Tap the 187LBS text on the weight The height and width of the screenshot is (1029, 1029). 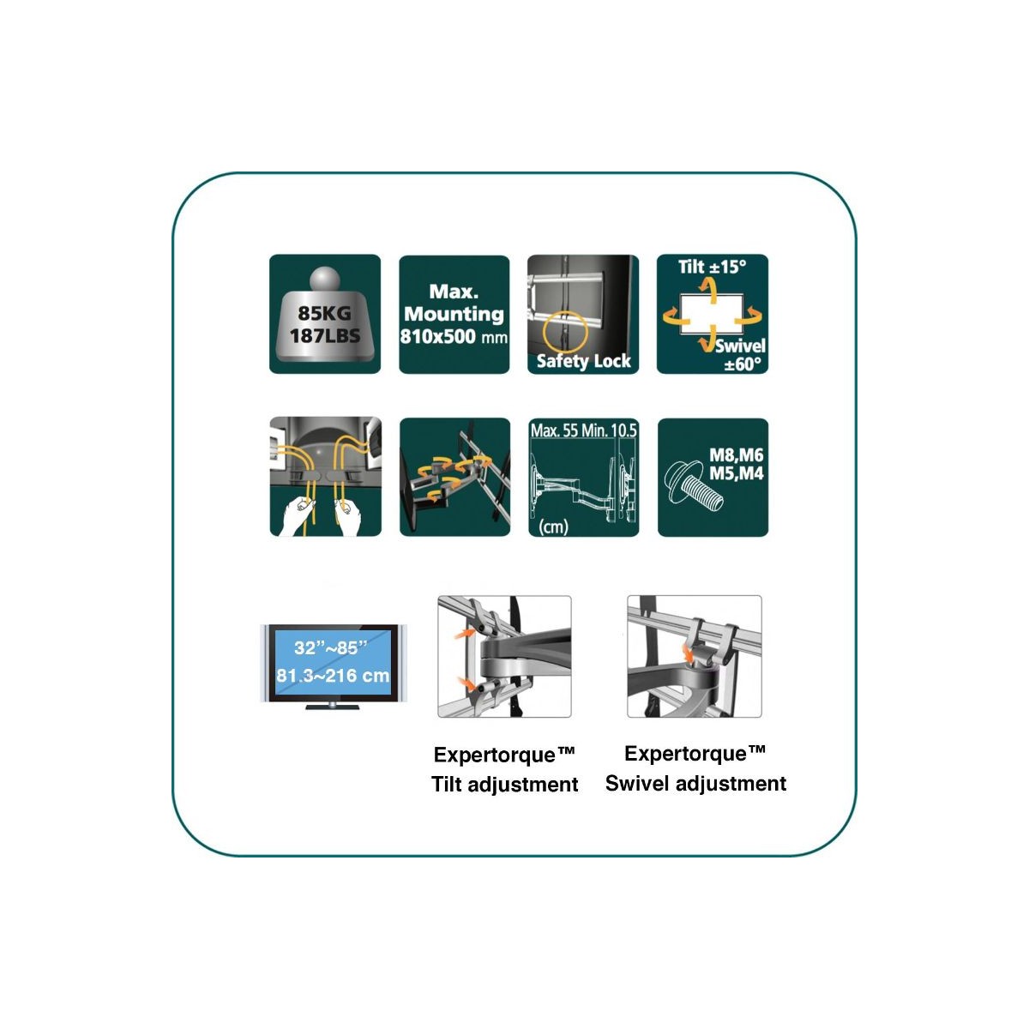click(x=325, y=335)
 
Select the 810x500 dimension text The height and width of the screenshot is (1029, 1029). click(x=437, y=336)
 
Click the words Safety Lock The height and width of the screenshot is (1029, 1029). click(x=584, y=362)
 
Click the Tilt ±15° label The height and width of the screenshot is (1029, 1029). click(x=712, y=267)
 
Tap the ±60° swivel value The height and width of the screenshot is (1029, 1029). click(x=743, y=364)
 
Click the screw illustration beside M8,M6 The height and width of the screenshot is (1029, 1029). click(x=694, y=484)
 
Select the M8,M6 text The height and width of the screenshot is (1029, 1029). click(x=736, y=455)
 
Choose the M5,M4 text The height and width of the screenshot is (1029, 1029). click(x=736, y=473)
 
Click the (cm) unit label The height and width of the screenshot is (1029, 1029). click(x=553, y=527)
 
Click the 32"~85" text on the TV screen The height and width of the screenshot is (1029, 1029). click(x=330, y=647)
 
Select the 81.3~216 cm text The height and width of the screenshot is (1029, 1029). click(x=333, y=676)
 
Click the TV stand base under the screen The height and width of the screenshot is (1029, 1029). click(x=332, y=707)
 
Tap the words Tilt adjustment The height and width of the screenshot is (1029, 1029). click(x=504, y=785)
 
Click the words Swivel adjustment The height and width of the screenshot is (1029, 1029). click(x=695, y=784)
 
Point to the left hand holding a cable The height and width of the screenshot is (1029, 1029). click(x=298, y=516)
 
